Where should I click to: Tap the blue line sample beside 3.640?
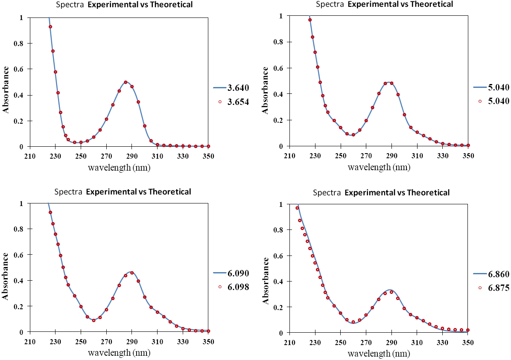point(220,88)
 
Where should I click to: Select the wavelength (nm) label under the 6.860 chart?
point(379,354)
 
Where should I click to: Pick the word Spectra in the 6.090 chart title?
point(70,192)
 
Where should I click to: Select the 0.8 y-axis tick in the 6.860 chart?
point(280,230)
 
